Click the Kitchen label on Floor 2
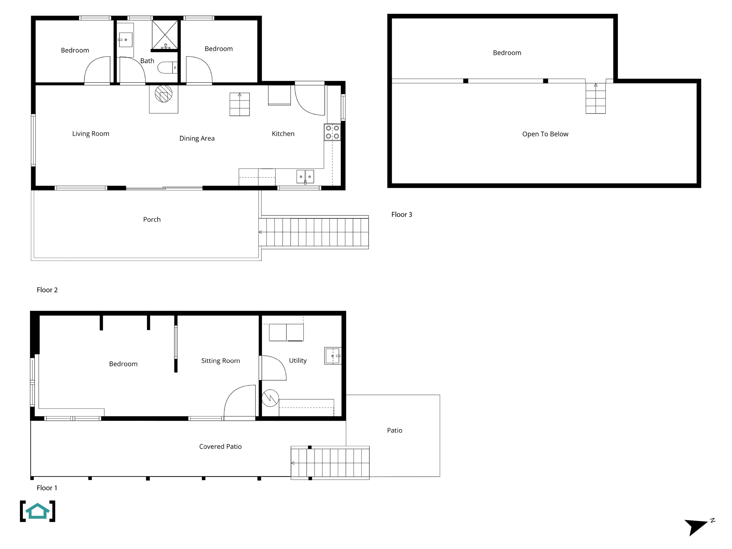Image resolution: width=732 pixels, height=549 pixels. pyautogui.click(x=283, y=134)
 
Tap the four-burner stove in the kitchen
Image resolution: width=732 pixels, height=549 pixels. pyautogui.click(x=332, y=132)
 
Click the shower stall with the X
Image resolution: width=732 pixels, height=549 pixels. pyautogui.click(x=165, y=34)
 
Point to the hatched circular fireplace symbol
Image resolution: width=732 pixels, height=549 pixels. pyautogui.click(x=163, y=94)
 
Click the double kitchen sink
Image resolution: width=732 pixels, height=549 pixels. pyautogui.click(x=305, y=177)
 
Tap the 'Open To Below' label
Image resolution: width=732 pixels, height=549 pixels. pyautogui.click(x=545, y=134)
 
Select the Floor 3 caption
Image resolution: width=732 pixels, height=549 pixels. pyautogui.click(x=401, y=214)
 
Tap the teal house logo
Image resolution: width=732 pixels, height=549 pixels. pyautogui.click(x=38, y=511)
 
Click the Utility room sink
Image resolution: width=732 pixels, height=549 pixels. pyautogui.click(x=333, y=356)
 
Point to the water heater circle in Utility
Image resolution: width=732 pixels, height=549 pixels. pyautogui.click(x=270, y=398)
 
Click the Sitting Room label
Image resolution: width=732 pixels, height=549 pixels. pyautogui.click(x=220, y=361)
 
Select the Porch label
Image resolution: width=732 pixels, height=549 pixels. pyautogui.click(x=152, y=219)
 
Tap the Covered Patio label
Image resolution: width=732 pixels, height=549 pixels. pyautogui.click(x=220, y=446)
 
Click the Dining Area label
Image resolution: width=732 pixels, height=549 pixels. pyautogui.click(x=197, y=138)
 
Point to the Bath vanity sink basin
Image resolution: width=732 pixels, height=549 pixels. pyautogui.click(x=125, y=40)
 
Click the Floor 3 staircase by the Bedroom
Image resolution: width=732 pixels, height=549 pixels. pyautogui.click(x=595, y=98)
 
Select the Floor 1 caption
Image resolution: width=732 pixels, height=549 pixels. pyautogui.click(x=47, y=488)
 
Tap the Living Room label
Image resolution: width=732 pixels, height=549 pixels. pyautogui.click(x=90, y=134)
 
